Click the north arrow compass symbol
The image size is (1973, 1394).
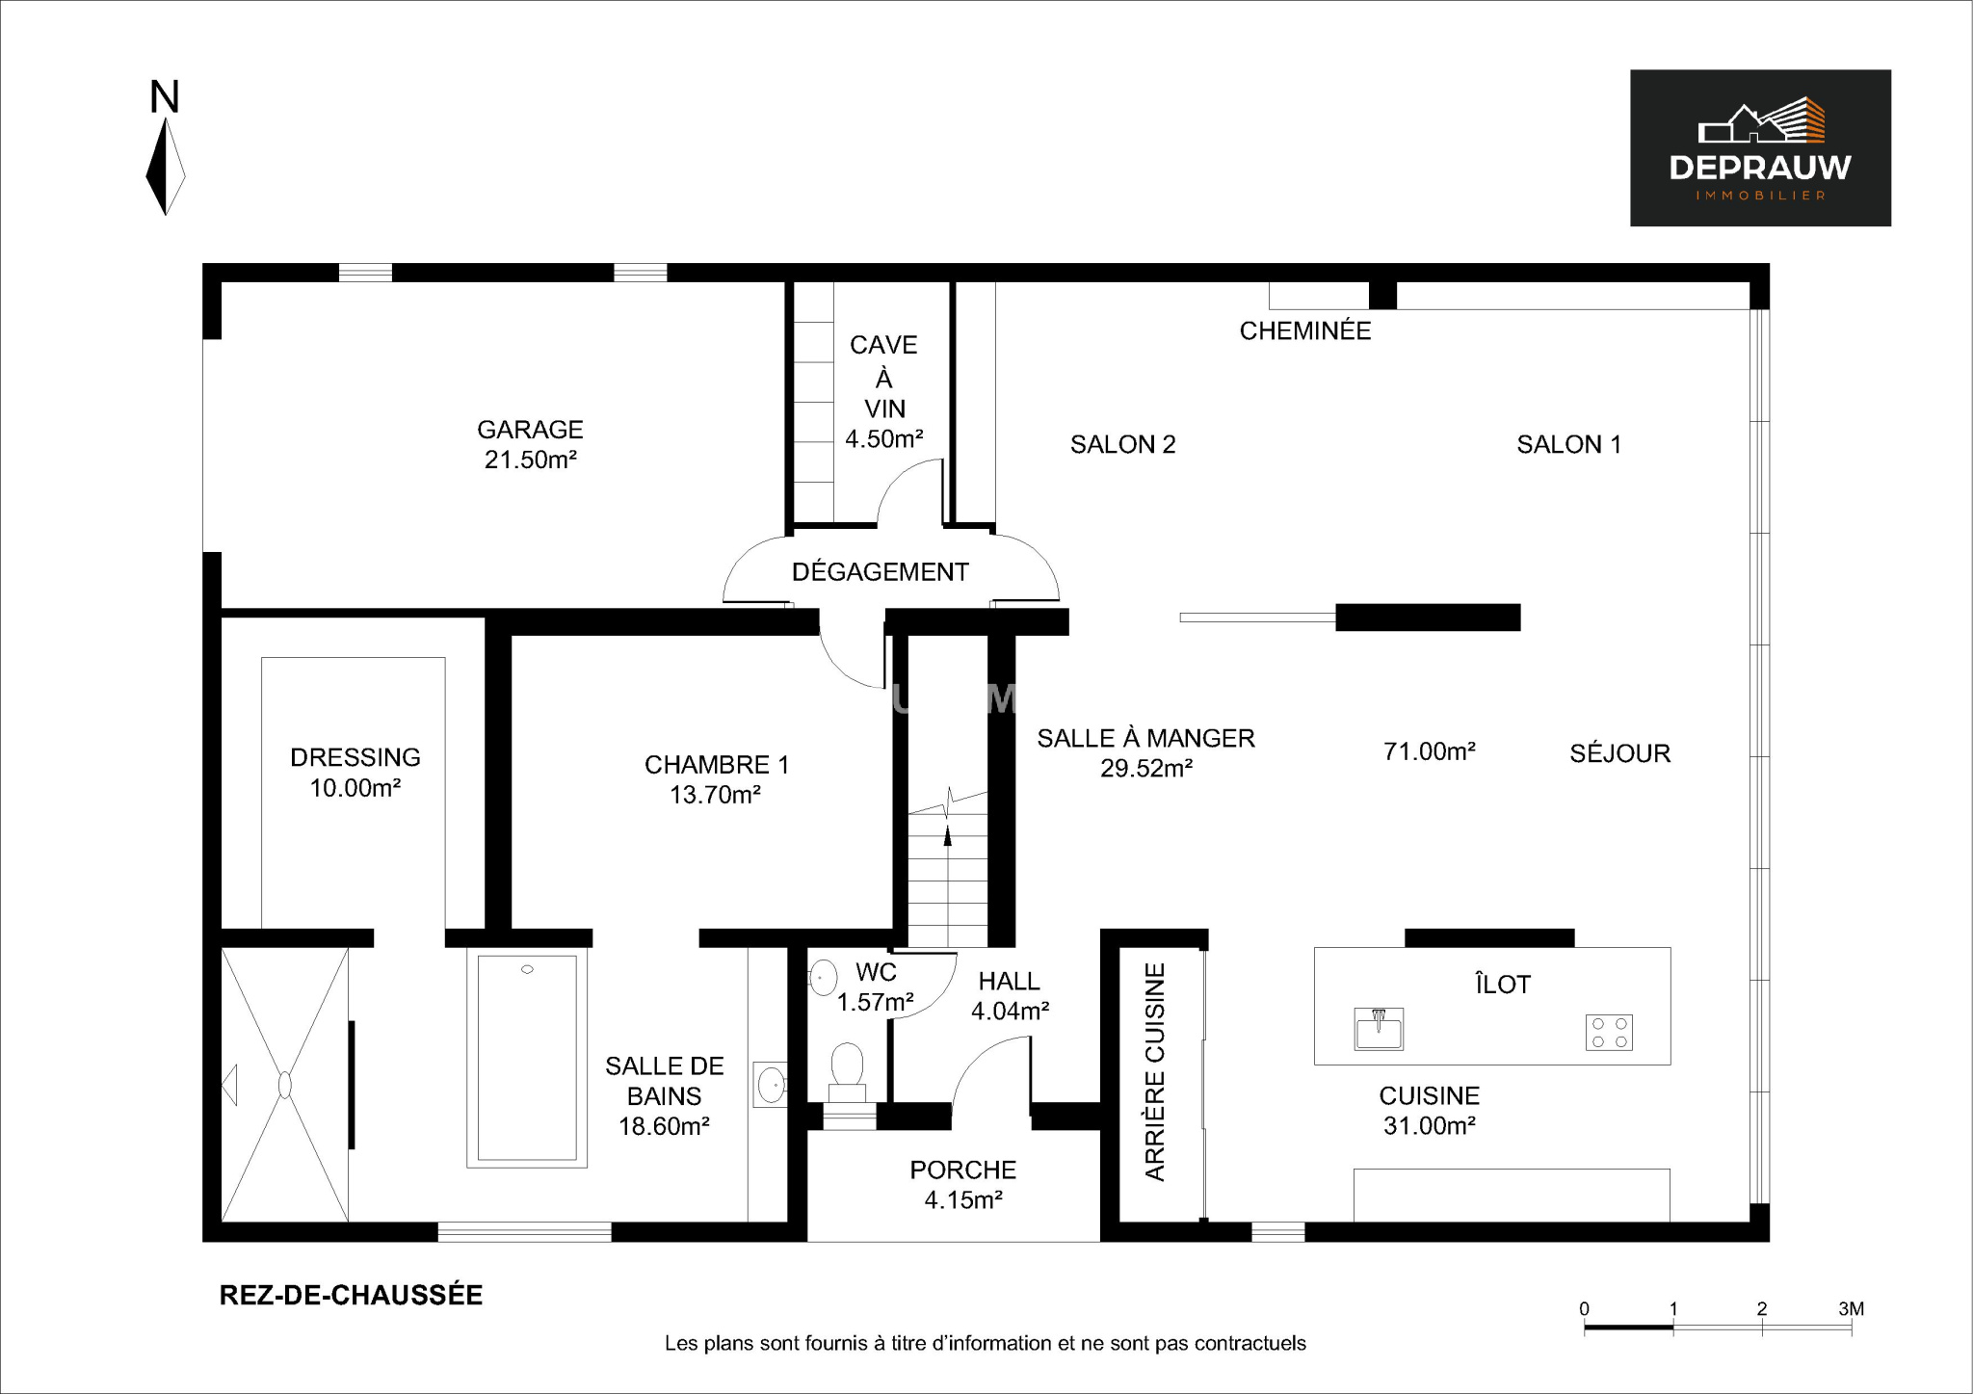(166, 166)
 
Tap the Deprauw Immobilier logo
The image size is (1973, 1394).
(1760, 148)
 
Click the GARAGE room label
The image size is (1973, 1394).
(530, 430)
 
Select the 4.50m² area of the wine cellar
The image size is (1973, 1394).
(884, 439)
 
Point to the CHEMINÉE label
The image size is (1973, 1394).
(1305, 330)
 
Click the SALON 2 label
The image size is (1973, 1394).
(1123, 444)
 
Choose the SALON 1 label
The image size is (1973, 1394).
(1569, 444)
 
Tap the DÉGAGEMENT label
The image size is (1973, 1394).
(880, 571)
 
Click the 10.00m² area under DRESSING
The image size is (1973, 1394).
(355, 788)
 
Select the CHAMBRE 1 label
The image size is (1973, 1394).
(717, 765)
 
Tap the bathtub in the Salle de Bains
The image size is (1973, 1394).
(527, 1058)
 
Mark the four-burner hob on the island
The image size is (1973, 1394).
(1609, 1033)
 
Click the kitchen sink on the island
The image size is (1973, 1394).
(1379, 1029)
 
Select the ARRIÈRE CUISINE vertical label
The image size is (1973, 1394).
(1155, 1071)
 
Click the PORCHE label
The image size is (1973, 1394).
(963, 1170)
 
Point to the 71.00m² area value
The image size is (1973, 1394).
(1430, 751)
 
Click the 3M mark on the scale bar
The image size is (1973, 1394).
(1852, 1309)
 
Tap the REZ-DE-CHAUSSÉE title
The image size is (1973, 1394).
(352, 1295)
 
